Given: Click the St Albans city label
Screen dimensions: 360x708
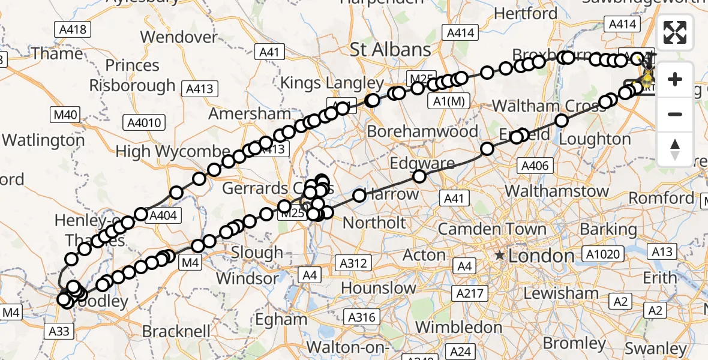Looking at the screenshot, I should (x=391, y=49).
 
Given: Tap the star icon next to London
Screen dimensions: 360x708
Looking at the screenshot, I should (x=499, y=256).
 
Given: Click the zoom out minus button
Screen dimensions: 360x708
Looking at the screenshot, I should (x=675, y=115).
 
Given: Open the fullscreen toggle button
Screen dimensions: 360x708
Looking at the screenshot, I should (x=675, y=32).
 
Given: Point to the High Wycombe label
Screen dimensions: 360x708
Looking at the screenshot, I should (x=173, y=151).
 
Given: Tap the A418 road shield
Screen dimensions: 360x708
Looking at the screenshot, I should (x=72, y=29).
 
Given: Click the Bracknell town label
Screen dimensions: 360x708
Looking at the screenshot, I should (x=176, y=331).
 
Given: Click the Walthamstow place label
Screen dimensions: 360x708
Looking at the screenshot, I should (x=557, y=191).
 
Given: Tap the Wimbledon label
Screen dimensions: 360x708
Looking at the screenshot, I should (x=459, y=327).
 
